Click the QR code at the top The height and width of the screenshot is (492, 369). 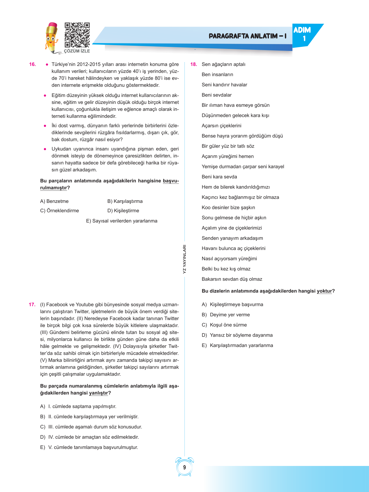point(77,35)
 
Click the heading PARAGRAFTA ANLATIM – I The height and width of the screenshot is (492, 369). point(247,36)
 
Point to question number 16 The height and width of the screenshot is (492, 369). point(32,64)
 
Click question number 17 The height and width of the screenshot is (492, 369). point(32,304)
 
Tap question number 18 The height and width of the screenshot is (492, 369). point(193,64)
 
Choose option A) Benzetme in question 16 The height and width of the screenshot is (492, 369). point(54,201)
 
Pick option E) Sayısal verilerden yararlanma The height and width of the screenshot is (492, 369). point(122,221)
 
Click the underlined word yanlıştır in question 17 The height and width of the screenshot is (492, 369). point(98,393)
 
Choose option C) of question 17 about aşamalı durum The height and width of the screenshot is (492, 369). point(91,427)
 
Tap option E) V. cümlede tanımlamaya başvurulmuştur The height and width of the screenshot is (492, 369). point(89,447)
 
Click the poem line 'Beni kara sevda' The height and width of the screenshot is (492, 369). point(219,177)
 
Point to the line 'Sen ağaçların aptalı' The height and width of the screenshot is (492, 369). point(223,64)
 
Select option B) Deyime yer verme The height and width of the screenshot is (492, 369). point(226,315)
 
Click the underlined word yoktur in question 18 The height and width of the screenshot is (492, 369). point(324,291)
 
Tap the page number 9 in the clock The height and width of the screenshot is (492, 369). point(184,467)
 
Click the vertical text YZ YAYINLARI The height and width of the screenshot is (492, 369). point(184,259)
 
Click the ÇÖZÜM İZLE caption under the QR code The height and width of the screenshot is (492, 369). point(77,51)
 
